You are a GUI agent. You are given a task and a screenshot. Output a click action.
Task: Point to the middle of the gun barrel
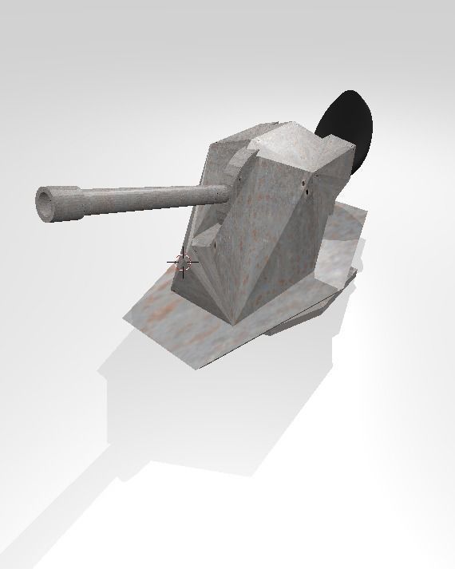point(144,196)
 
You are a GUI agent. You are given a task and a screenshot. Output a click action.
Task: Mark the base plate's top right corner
point(365,212)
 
